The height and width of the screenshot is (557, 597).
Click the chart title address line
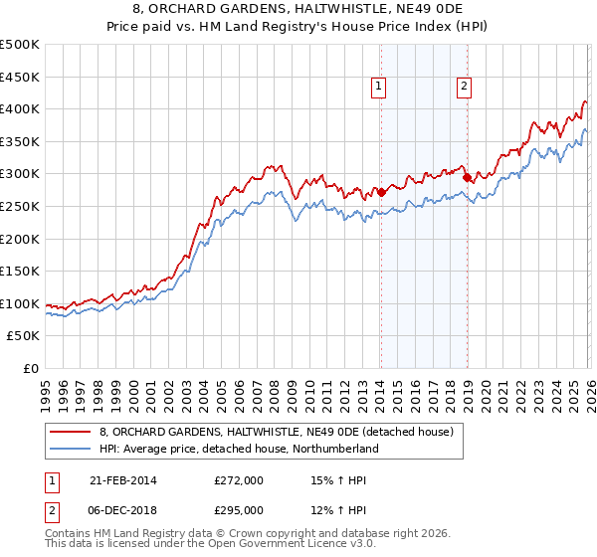point(298,9)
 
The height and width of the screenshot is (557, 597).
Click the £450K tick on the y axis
point(20,77)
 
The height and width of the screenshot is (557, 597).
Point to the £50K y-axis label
point(24,337)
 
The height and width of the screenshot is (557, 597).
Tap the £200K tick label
point(20,239)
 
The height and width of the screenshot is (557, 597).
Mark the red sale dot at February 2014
point(381,192)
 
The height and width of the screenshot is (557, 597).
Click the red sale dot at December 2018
point(467,177)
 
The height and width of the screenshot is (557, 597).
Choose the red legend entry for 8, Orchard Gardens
point(276,432)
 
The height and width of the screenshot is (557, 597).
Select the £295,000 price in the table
point(239,509)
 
